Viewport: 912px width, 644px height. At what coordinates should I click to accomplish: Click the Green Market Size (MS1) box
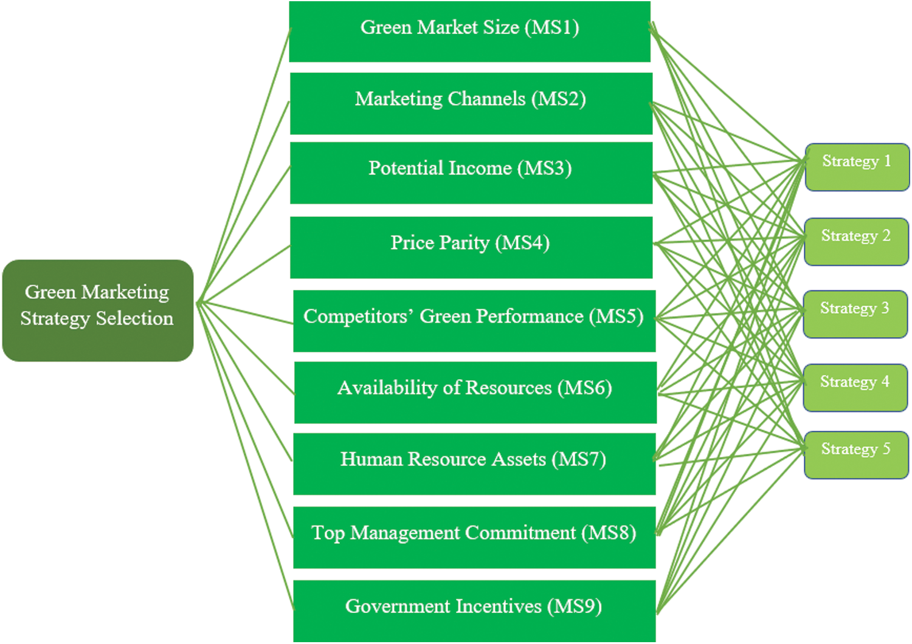pyautogui.click(x=470, y=32)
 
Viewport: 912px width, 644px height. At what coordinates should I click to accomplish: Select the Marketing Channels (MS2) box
pyautogui.click(x=471, y=104)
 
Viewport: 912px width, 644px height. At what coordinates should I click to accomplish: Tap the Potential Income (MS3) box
pyautogui.click(x=471, y=173)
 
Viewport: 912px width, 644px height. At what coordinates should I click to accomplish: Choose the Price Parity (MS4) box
pyautogui.click(x=471, y=247)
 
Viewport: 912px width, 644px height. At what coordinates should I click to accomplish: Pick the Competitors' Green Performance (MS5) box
pyautogui.click(x=474, y=321)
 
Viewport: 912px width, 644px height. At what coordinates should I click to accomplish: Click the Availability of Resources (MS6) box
pyautogui.click(x=475, y=392)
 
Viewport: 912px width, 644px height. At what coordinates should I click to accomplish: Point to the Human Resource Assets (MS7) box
pyautogui.click(x=474, y=464)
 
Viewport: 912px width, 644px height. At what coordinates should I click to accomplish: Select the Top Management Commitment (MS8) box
pyautogui.click(x=474, y=538)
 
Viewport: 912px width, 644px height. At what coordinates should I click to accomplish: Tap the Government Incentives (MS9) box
pyautogui.click(x=474, y=611)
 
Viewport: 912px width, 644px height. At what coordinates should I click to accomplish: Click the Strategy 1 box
pyautogui.click(x=857, y=167)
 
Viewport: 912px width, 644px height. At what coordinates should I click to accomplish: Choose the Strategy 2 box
pyautogui.click(x=857, y=242)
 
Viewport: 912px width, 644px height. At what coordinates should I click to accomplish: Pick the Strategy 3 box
pyautogui.click(x=855, y=314)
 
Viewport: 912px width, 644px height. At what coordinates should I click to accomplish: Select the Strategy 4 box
pyautogui.click(x=855, y=388)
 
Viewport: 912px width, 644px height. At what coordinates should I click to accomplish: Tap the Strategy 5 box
pyautogui.click(x=857, y=455)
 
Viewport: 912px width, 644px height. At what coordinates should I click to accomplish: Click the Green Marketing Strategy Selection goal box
pyautogui.click(x=98, y=310)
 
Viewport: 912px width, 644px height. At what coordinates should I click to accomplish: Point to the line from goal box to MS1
pyautogui.click(x=244, y=165)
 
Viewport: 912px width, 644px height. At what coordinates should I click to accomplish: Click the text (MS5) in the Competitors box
pyautogui.click(x=616, y=317)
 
